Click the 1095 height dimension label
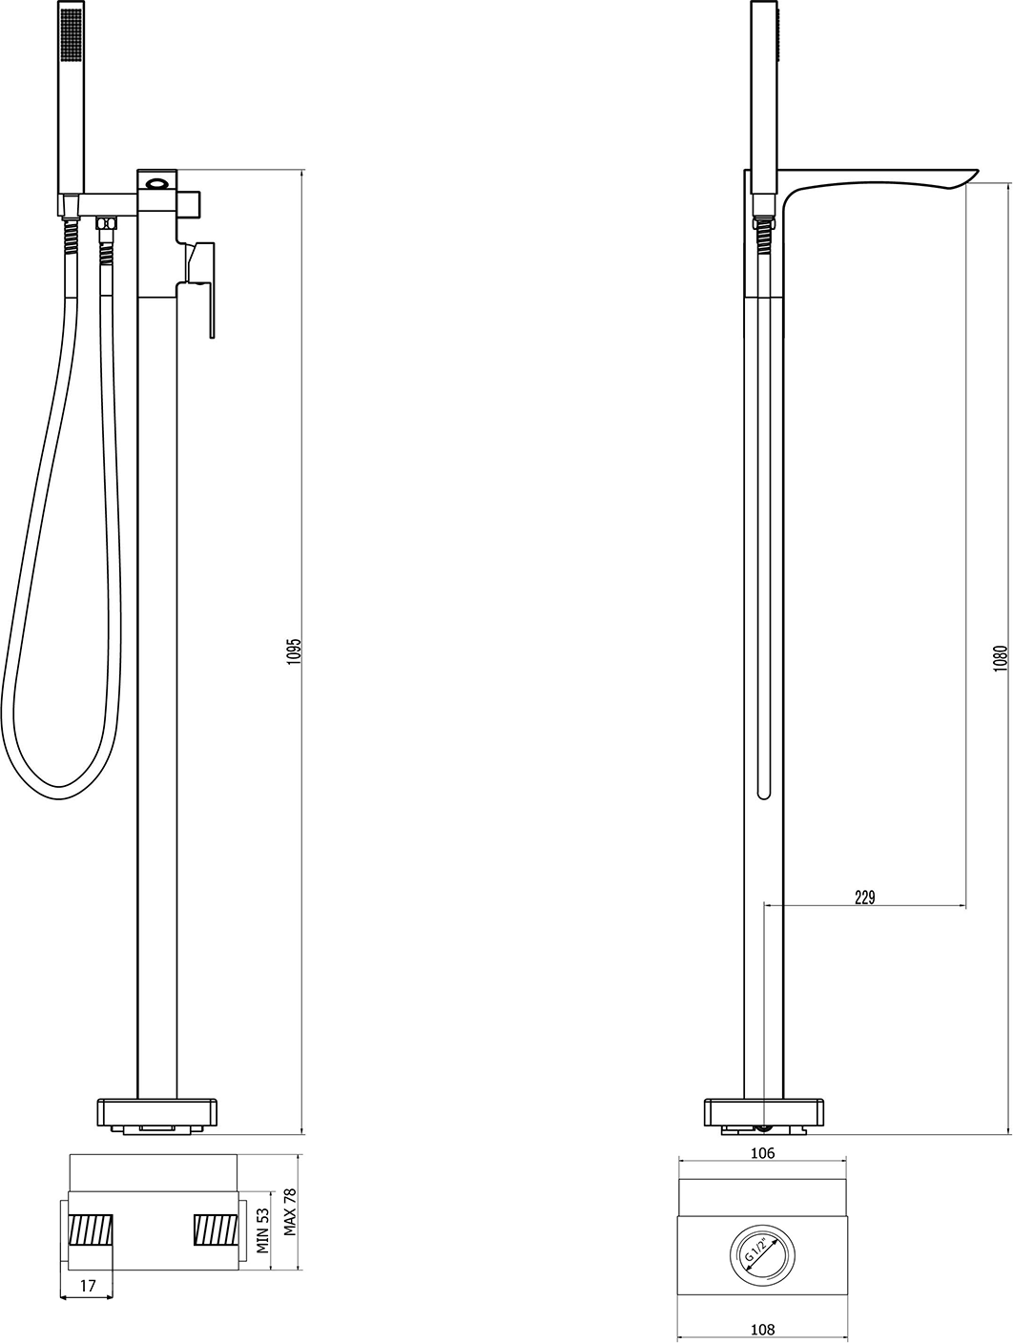(x=294, y=651)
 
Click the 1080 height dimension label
(x=1000, y=658)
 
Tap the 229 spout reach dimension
(x=864, y=898)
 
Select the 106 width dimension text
(x=762, y=1153)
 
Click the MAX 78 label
(x=290, y=1212)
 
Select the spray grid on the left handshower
(x=71, y=34)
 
